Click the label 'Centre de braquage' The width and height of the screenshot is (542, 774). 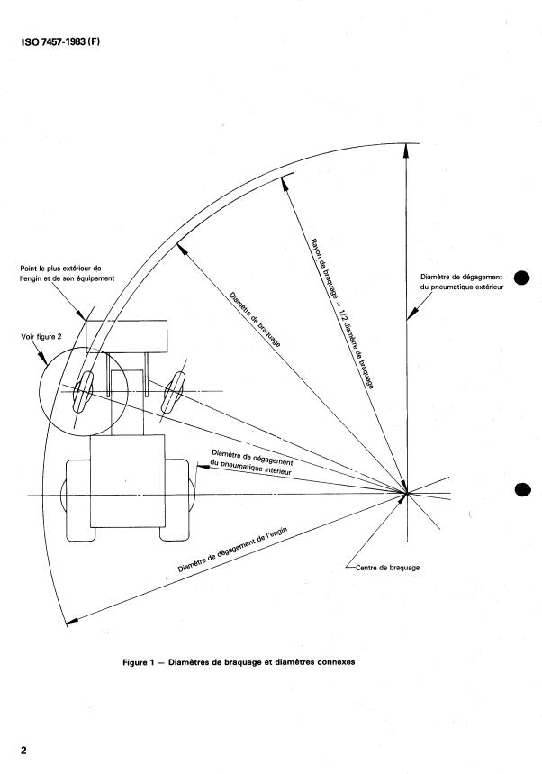coord(384,569)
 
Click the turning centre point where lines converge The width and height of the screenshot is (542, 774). coord(407,493)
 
